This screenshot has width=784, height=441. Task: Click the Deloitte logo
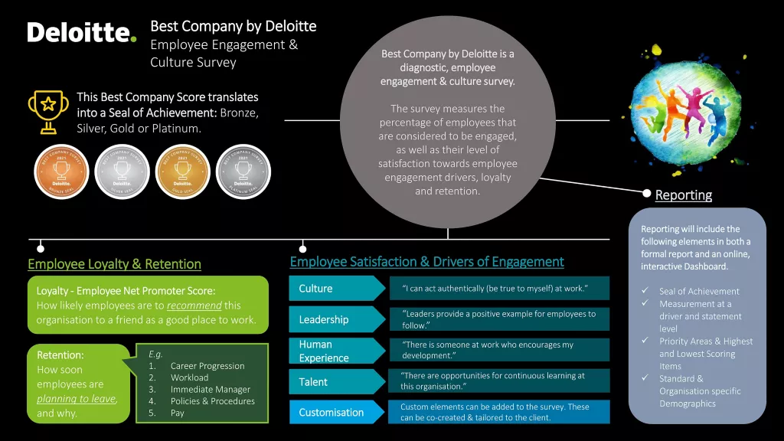82,33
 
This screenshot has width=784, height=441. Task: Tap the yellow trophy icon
46,111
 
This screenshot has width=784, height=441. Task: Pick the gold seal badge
182,171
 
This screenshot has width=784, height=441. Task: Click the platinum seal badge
243,171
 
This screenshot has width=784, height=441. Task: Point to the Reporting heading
683,195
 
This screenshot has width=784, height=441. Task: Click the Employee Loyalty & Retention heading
114,264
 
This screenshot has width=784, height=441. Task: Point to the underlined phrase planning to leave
77,399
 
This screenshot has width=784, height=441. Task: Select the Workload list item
189,377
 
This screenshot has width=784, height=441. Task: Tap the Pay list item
178,413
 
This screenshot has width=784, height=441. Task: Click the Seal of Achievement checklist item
699,291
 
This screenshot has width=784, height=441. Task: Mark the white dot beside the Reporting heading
647,194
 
